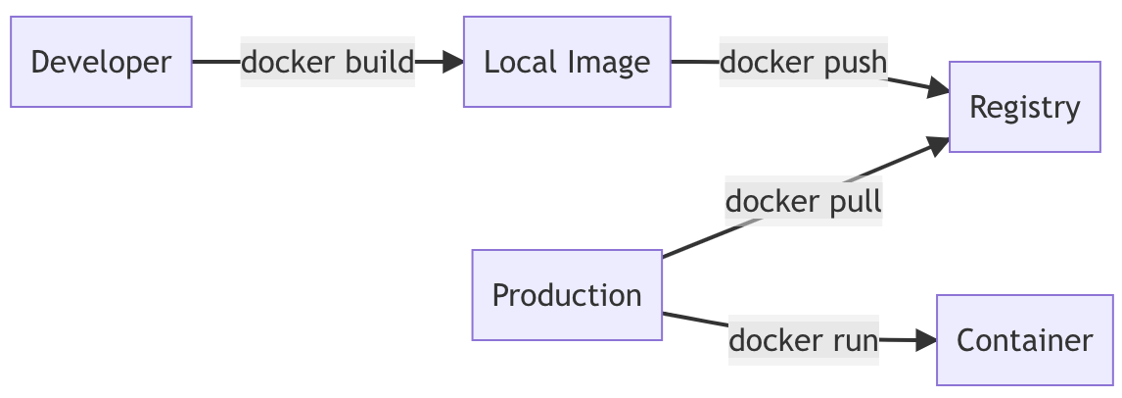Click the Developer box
coord(101,62)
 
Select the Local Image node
coord(567,62)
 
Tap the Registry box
coord(1024,107)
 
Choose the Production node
coord(567,295)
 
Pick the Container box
coord(1024,340)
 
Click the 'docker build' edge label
coord(327,62)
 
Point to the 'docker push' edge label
coord(803,62)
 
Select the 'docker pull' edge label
coord(803,201)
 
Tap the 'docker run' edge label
coord(803,340)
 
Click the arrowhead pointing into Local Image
coord(453,62)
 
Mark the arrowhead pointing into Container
coord(926,340)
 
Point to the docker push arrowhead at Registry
coord(939,90)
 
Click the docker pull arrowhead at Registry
coord(938,144)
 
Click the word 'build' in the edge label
coord(381,62)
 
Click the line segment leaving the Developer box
coord(216,62)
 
